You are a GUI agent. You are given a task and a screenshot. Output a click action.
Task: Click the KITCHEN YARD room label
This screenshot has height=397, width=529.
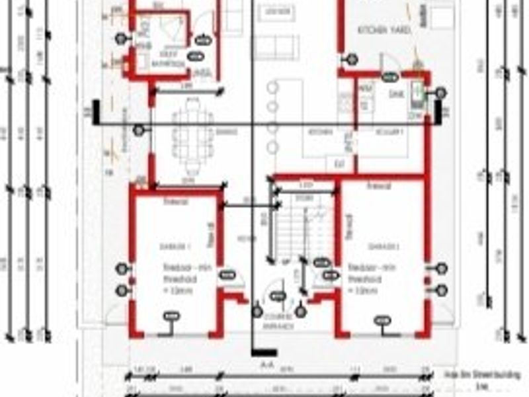click(385, 30)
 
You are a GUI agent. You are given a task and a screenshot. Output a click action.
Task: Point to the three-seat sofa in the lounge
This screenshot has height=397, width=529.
click(276, 47)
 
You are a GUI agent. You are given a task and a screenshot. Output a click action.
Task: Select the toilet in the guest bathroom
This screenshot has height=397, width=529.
click(141, 60)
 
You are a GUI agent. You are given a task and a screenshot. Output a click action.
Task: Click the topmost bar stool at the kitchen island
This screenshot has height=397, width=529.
click(272, 88)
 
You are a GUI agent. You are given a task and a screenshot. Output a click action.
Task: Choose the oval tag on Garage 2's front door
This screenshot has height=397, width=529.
click(382, 321)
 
